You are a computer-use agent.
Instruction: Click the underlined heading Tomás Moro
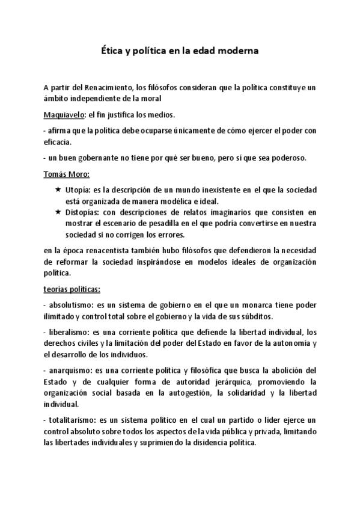point(66,174)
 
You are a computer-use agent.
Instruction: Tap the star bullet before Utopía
point(58,189)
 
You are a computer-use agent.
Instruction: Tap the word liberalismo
point(67,332)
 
